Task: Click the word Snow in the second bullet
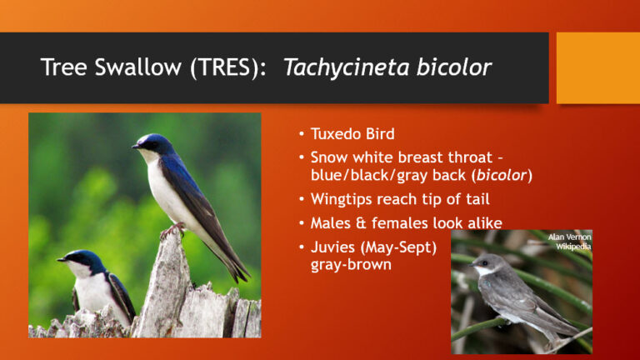click(327, 157)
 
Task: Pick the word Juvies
click(330, 247)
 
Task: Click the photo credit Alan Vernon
click(569, 237)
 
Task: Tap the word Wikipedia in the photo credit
click(573, 247)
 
